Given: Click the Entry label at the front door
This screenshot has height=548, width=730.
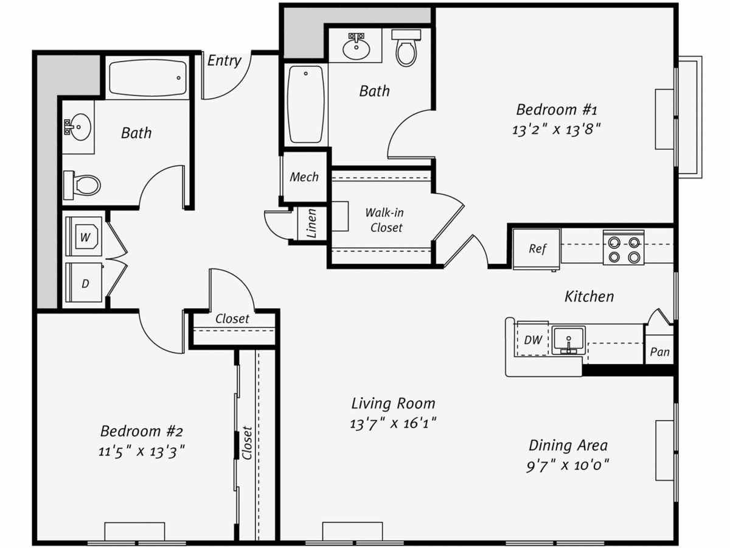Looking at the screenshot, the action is (x=224, y=61).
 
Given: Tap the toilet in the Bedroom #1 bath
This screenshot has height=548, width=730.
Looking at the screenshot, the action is (x=406, y=48).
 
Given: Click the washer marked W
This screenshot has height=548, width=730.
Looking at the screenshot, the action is (x=84, y=237).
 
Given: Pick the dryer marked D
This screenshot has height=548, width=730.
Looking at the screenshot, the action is (x=84, y=283).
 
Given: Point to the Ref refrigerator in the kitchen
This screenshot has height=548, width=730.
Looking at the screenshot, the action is (x=537, y=249).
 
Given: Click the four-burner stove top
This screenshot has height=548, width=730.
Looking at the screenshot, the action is (x=624, y=248).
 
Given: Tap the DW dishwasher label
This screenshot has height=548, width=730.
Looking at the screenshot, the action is (x=533, y=340).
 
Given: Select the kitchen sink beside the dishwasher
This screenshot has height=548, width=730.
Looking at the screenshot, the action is (x=569, y=340).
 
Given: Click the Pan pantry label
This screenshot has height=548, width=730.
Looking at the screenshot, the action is (x=660, y=352).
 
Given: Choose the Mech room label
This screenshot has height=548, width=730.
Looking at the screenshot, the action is (x=304, y=177).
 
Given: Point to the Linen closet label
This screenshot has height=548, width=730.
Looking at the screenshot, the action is (x=311, y=223).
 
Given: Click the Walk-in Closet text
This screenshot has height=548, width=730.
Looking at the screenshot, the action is (x=385, y=220).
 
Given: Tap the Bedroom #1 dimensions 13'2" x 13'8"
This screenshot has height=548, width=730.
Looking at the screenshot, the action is (x=557, y=130).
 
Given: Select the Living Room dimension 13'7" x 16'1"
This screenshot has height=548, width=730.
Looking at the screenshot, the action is (x=393, y=424).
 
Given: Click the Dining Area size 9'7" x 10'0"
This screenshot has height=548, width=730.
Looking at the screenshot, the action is (x=568, y=465).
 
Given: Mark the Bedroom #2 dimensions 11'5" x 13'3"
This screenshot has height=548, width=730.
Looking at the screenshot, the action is (x=141, y=452).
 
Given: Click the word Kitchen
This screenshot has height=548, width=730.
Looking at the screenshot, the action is (x=589, y=297).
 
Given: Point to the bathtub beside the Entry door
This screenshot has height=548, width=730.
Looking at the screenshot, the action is (x=148, y=78).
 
